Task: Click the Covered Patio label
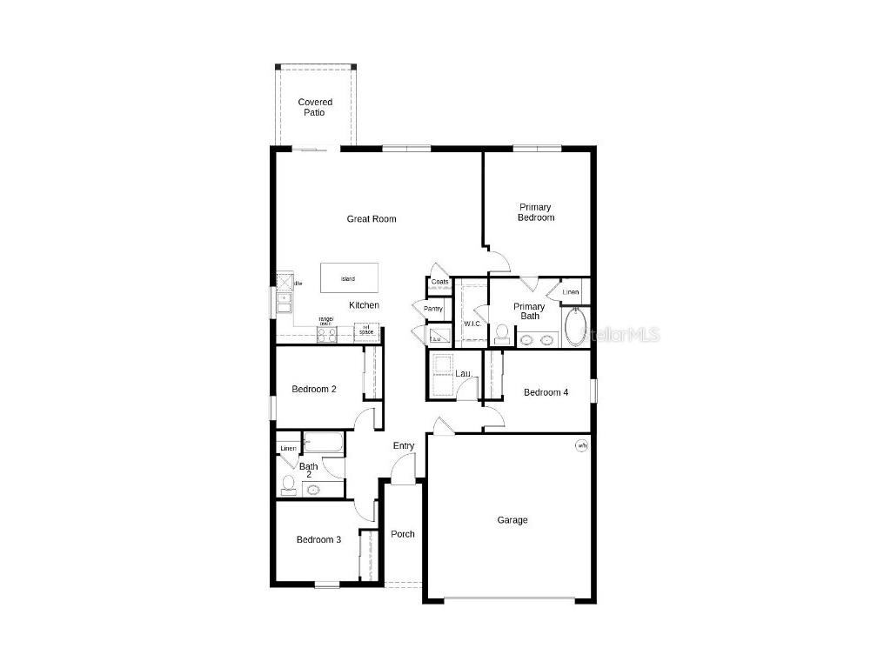[x=315, y=108]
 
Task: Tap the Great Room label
[x=372, y=219]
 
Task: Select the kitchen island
[x=349, y=278]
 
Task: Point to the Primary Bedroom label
[x=536, y=212]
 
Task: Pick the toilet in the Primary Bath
[x=501, y=334]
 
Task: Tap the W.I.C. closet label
[x=472, y=324]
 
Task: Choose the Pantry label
[x=432, y=309]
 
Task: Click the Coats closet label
[x=439, y=282]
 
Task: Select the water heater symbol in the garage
[x=581, y=445]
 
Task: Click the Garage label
[x=512, y=520]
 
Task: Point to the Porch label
[x=403, y=534]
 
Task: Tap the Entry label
[x=404, y=446]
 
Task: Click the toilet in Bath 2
[x=288, y=485]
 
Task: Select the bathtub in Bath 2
[x=323, y=444]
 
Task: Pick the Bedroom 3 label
[x=318, y=539]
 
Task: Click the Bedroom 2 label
[x=314, y=389]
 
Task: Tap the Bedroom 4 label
[x=546, y=392]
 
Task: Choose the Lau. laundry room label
[x=465, y=374]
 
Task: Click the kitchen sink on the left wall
[x=285, y=302]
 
